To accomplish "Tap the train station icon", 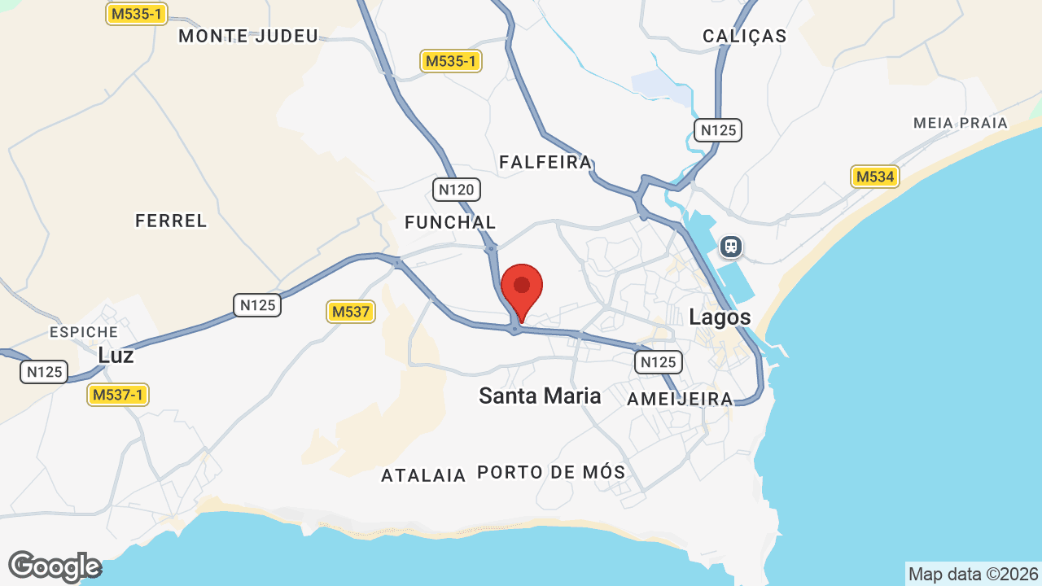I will (731, 246).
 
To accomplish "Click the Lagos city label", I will (720, 317).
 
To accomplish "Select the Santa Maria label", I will (540, 396).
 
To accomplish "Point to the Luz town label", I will (116, 356).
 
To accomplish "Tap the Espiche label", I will (84, 332).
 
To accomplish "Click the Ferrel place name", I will (171, 221).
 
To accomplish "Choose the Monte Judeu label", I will (248, 36).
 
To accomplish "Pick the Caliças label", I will (745, 36).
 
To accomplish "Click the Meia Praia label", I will (961, 123).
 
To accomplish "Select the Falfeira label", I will (545, 162).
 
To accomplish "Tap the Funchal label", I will (450, 222).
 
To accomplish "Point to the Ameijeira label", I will (681, 399).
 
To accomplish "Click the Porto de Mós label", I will (551, 472).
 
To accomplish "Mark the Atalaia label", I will (423, 475).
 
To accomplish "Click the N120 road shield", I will (456, 190).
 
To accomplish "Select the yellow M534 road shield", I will (875, 177).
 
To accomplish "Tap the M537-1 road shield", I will (118, 395).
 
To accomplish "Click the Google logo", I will (55, 566).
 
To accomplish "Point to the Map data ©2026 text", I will (974, 574).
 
